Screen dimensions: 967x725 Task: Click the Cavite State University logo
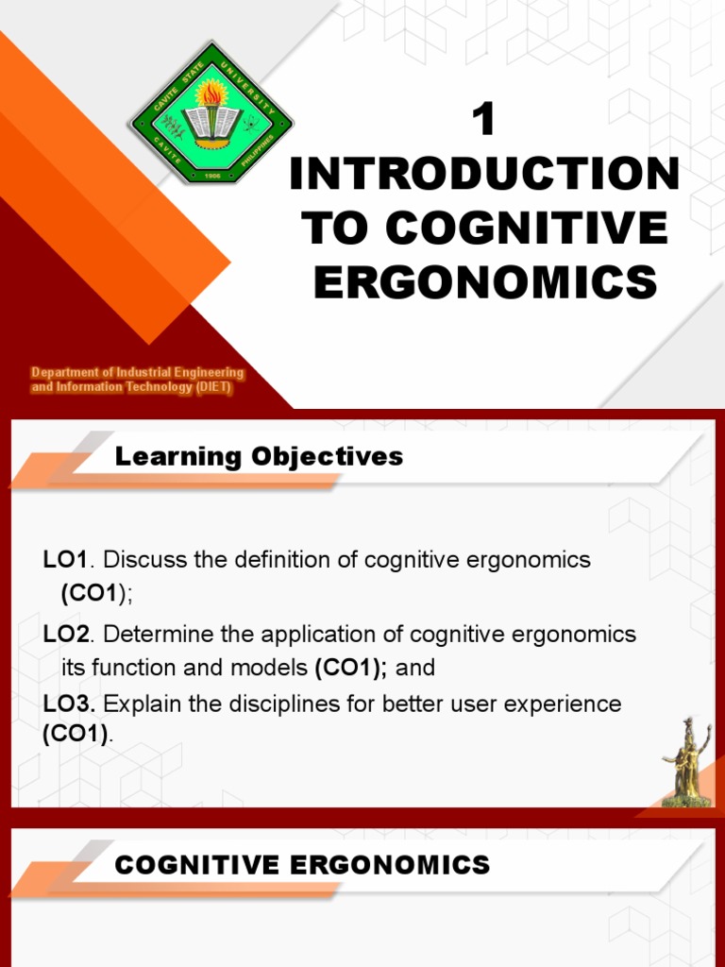tap(211, 112)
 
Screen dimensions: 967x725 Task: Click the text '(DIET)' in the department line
tap(214, 388)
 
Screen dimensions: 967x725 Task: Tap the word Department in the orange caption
tap(67, 373)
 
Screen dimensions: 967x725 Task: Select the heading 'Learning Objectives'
tap(259, 457)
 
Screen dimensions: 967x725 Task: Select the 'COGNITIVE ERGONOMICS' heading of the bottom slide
tap(302, 864)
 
